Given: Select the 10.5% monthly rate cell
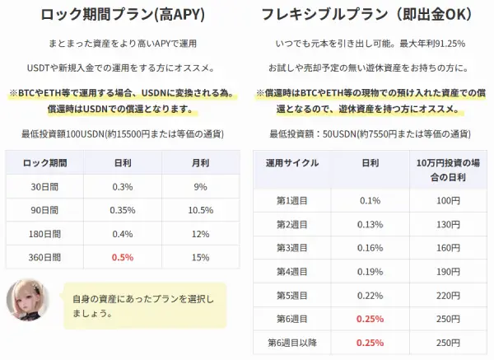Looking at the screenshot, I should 201,210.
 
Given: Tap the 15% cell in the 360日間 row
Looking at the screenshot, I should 201,257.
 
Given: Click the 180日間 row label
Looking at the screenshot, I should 45,234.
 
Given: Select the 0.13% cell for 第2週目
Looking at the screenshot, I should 370,224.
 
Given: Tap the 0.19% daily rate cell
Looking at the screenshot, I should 370,271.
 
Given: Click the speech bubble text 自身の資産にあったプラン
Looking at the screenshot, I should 143,305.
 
